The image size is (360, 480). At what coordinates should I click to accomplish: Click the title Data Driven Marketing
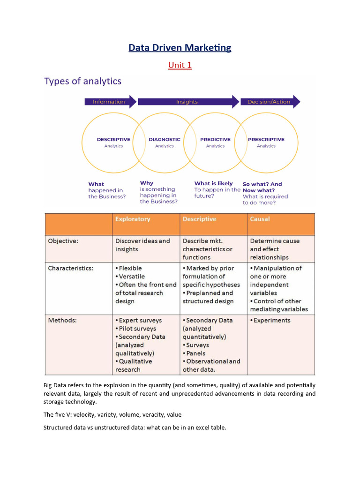click(180, 47)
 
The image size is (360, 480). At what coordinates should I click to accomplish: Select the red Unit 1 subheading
click(180, 65)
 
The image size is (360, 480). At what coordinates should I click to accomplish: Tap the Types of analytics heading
click(82, 81)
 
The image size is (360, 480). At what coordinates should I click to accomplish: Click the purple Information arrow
click(110, 102)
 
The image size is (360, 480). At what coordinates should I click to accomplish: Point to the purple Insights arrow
click(187, 102)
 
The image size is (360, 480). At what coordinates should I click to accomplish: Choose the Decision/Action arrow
click(270, 102)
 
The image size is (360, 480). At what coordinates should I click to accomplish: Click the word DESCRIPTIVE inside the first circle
click(113, 139)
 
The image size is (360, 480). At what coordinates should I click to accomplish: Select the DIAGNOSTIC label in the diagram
click(165, 139)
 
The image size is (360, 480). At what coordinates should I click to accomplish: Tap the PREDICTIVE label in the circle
click(215, 139)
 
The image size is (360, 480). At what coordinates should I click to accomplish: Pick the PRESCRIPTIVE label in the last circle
click(266, 139)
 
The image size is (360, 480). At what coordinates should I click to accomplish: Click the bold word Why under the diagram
click(146, 183)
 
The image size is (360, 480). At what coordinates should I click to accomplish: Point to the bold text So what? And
click(262, 184)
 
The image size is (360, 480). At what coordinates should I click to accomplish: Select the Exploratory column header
click(133, 219)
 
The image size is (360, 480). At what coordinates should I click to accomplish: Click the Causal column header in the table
click(260, 219)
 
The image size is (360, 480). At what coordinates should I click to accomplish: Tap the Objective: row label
click(64, 241)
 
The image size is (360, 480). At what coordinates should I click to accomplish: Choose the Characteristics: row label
click(71, 269)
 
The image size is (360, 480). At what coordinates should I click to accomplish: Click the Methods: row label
click(62, 321)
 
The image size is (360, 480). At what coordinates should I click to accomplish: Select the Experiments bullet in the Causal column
click(271, 321)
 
